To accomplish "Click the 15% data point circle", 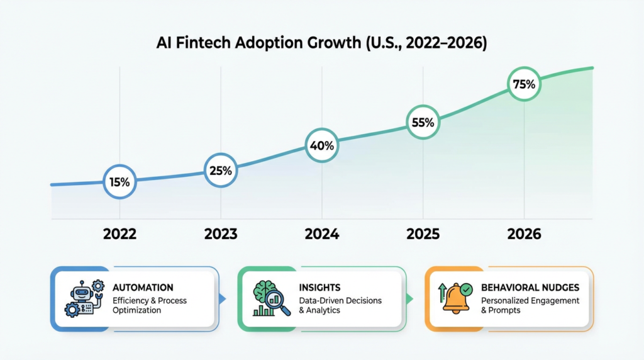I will (119, 182).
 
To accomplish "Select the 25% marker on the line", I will (221, 170).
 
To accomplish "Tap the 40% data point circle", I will (322, 145).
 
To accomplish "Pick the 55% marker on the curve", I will (423, 123).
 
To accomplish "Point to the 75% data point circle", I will (523, 84).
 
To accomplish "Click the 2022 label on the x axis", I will (119, 234).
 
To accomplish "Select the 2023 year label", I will (221, 234).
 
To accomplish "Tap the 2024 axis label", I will (322, 234).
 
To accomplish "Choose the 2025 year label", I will (423, 234).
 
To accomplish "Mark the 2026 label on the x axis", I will (523, 234).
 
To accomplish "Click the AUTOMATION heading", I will (143, 288).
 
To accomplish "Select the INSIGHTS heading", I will (321, 288).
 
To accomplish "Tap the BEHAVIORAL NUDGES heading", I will (530, 288).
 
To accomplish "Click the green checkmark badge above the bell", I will (466, 289).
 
